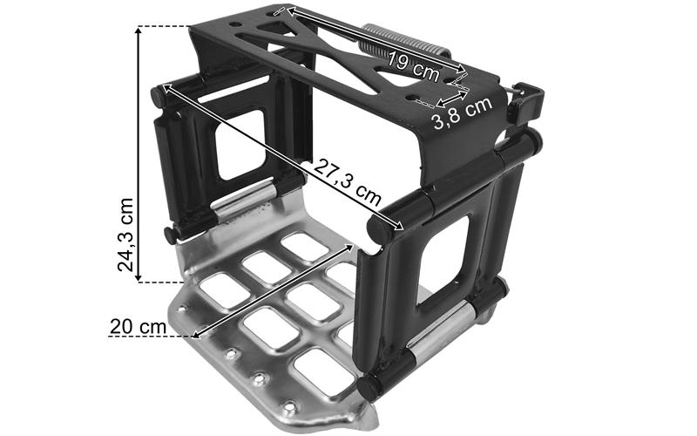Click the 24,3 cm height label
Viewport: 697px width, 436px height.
tap(125, 235)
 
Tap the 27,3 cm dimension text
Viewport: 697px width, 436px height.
tap(348, 181)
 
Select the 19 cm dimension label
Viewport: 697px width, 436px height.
tap(412, 66)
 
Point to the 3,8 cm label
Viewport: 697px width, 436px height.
tap(463, 112)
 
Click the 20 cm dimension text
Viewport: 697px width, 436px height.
tap(139, 327)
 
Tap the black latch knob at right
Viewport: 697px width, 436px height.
tap(527, 102)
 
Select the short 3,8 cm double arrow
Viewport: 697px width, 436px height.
tap(452, 99)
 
